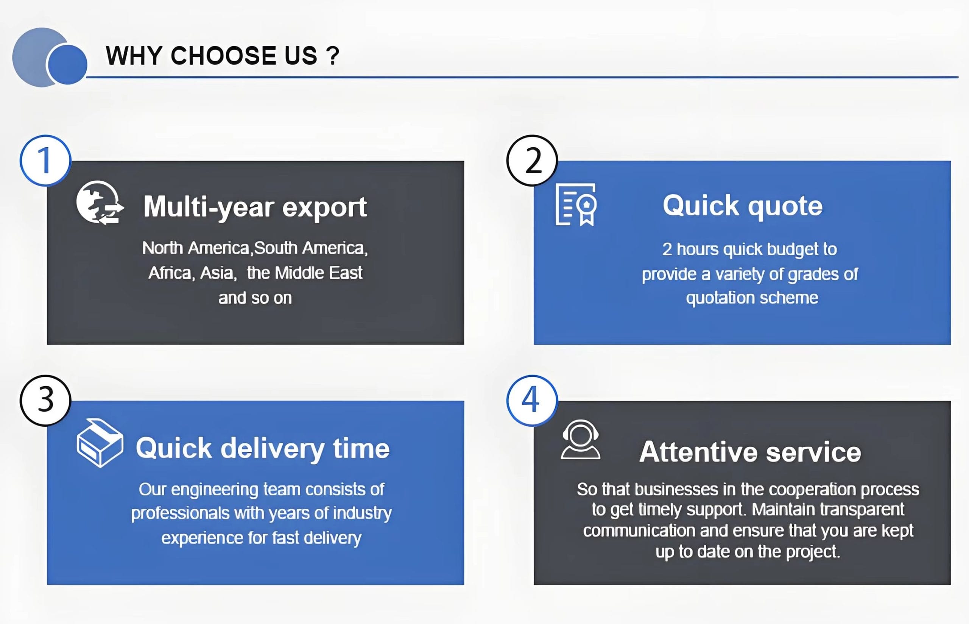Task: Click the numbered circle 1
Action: pos(45,161)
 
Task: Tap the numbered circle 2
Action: pos(532,161)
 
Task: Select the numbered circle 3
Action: pos(45,400)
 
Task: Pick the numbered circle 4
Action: pos(532,400)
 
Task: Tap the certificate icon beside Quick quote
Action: pos(576,204)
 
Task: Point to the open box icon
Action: pos(100,443)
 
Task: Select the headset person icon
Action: pos(580,439)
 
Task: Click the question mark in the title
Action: pos(333,56)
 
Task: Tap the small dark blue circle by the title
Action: pos(67,64)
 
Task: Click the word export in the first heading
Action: pos(324,208)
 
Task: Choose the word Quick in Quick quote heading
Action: pos(701,206)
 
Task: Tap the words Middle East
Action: pos(318,273)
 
